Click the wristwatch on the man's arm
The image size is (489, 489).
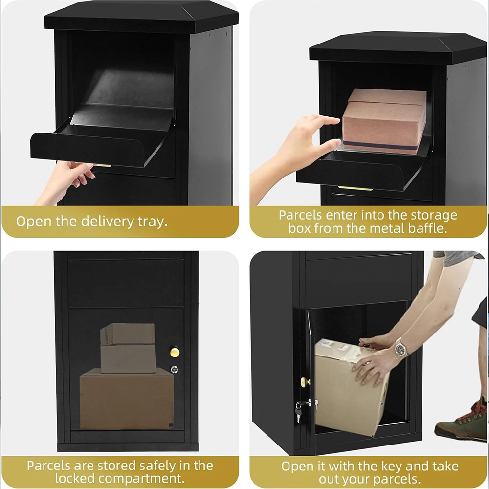point(400,348)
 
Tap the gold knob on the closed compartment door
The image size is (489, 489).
point(175,352)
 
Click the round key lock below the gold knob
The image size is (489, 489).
point(174,370)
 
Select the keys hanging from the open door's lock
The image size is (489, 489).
point(298,411)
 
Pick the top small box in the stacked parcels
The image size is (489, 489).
point(128,334)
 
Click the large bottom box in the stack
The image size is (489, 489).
point(127,399)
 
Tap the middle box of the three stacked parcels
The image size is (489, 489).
point(128,358)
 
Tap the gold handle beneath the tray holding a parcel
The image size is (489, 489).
point(355,188)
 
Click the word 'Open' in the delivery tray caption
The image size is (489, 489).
point(34,222)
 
